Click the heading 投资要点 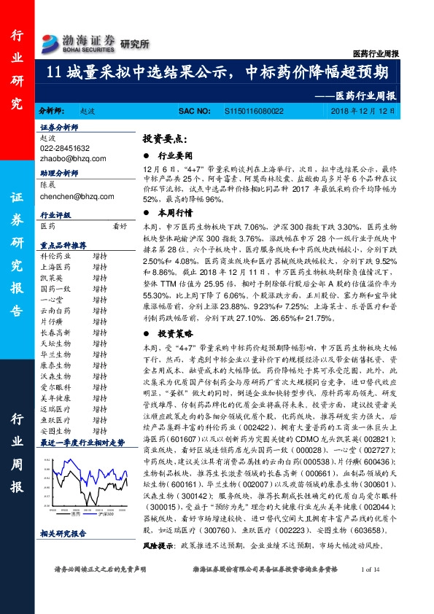point(184,138)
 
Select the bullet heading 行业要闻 point(175,155)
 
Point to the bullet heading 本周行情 point(175,213)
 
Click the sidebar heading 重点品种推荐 point(63,245)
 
